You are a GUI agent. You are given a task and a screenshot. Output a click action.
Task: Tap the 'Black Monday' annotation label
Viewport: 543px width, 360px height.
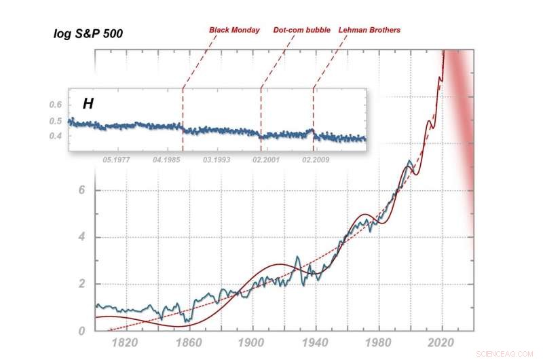click(x=234, y=30)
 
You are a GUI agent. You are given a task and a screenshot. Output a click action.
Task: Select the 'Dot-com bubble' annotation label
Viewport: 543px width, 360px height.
click(x=301, y=30)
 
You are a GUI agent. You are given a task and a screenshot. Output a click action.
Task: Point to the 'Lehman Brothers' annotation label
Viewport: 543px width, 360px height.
click(x=369, y=30)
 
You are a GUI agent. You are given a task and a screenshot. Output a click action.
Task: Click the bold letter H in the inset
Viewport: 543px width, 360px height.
click(x=88, y=104)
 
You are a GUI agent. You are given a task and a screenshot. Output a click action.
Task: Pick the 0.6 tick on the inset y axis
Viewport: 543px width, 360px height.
click(x=54, y=105)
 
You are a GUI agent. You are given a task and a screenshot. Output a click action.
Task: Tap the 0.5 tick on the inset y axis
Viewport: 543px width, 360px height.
click(x=54, y=121)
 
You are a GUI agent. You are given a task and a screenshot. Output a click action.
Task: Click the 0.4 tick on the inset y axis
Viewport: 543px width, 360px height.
click(x=54, y=137)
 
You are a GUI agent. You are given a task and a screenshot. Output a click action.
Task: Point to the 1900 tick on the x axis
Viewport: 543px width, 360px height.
click(x=252, y=344)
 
